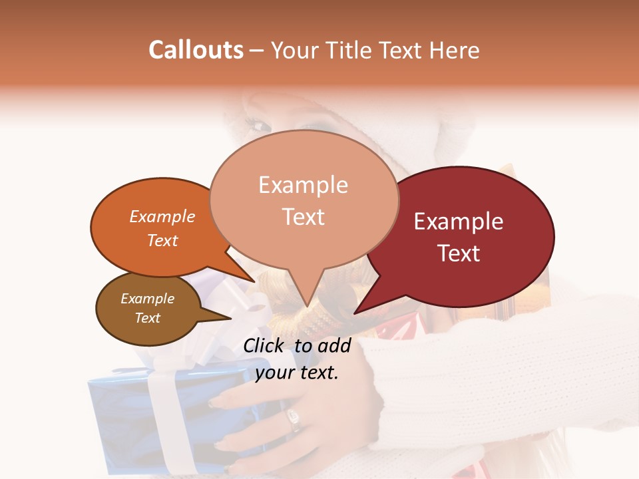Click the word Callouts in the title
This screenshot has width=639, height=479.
[x=196, y=50]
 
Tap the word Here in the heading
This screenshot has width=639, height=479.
[x=452, y=50]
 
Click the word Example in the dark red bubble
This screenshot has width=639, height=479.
[x=458, y=222]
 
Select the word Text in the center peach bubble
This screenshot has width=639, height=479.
[x=303, y=217]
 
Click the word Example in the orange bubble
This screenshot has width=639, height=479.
[x=162, y=216]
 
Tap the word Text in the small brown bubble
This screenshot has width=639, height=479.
[x=147, y=318]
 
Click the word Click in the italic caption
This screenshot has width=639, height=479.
[x=265, y=345]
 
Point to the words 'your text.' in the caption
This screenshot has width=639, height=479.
[x=296, y=373]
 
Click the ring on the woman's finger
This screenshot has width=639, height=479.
[x=293, y=419]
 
